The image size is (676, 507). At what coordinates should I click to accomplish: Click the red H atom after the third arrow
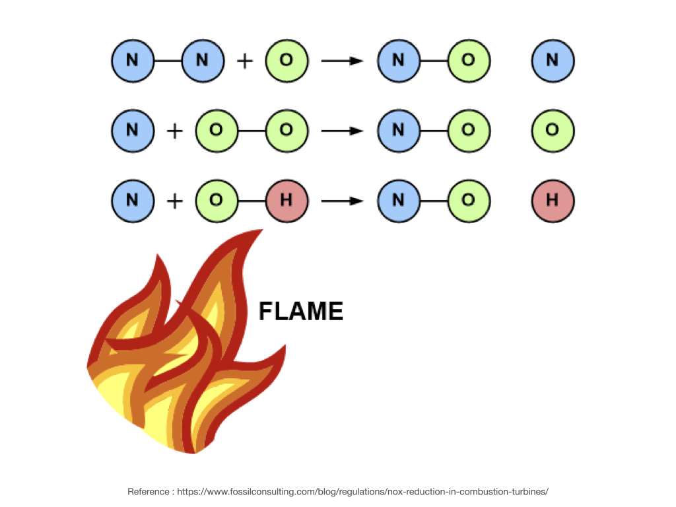pyautogui.click(x=553, y=199)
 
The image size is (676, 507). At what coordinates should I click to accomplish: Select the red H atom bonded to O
pyautogui.click(x=287, y=199)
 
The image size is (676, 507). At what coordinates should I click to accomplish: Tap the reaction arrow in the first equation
pyautogui.click(x=343, y=61)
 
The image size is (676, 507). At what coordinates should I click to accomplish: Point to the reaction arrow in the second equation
pyautogui.click(x=343, y=131)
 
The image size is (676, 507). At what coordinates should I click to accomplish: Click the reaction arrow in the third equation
pyautogui.click(x=343, y=199)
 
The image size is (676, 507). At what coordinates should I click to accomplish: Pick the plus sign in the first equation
pyautogui.click(x=244, y=61)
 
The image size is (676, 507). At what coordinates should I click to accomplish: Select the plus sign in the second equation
pyautogui.click(x=174, y=131)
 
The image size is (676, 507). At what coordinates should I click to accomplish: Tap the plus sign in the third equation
pyautogui.click(x=174, y=199)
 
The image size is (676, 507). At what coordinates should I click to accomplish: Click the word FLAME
pyautogui.click(x=300, y=311)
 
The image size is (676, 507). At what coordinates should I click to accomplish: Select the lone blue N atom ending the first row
pyautogui.click(x=553, y=61)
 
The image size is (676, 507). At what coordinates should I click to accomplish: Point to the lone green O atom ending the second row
pyautogui.click(x=553, y=131)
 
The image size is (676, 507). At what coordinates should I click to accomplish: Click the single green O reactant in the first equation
pyautogui.click(x=287, y=61)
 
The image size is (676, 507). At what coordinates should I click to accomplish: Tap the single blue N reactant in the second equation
pyautogui.click(x=132, y=131)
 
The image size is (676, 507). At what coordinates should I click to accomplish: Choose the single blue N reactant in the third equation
pyautogui.click(x=132, y=199)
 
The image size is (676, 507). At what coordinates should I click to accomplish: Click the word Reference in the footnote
pyautogui.click(x=147, y=492)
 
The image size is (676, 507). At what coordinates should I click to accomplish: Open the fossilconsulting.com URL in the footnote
pyautogui.click(x=363, y=492)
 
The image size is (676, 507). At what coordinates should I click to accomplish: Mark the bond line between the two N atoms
pyautogui.click(x=167, y=61)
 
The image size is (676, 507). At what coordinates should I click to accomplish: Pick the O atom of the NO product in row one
pyautogui.click(x=468, y=61)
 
